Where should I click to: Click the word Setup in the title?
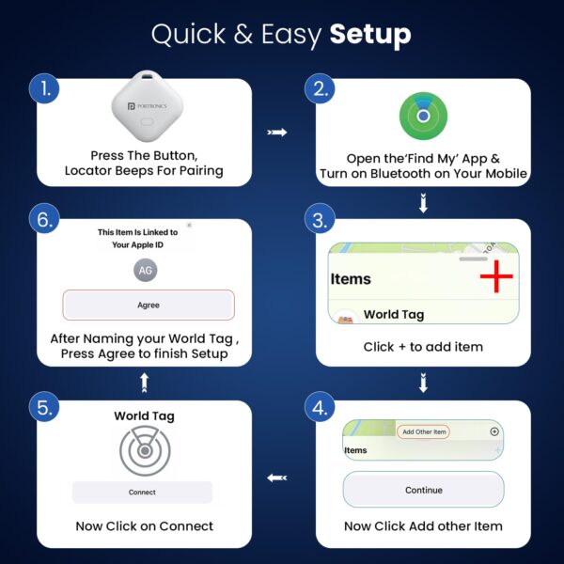[x=370, y=35]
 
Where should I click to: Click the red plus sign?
[x=495, y=278]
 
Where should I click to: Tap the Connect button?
[x=143, y=492]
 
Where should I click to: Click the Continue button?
[x=423, y=490]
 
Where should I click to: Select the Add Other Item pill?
[x=423, y=431]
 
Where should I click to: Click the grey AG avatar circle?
[x=145, y=271]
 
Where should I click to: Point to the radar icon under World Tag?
[x=145, y=452]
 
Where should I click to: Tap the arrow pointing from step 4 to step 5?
[x=277, y=478]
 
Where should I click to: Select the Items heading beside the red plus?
[x=351, y=279]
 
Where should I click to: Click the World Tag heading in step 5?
[x=144, y=415]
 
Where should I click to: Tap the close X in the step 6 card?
[x=189, y=226]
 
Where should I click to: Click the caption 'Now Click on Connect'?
[x=144, y=526]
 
